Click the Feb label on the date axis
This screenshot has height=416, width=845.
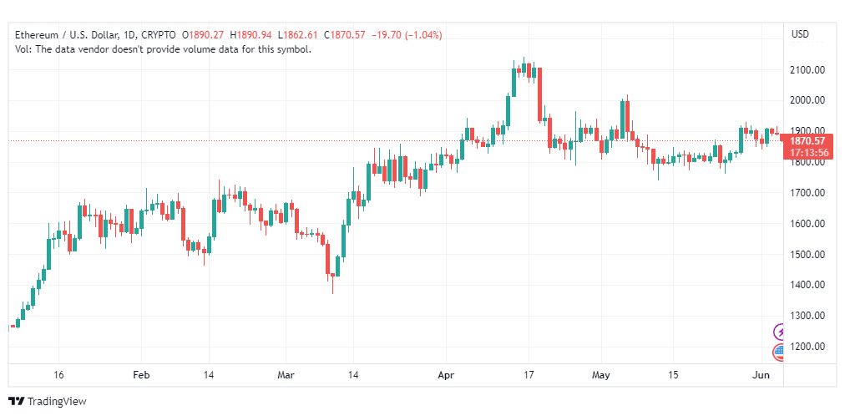[x=141, y=375]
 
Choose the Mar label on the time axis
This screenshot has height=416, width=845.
[x=286, y=375]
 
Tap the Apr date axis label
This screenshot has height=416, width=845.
[x=446, y=375]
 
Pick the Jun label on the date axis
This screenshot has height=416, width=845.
[x=762, y=375]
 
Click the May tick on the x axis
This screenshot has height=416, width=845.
[x=601, y=375]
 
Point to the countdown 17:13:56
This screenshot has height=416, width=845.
[x=809, y=153]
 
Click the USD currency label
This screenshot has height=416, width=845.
[x=800, y=34]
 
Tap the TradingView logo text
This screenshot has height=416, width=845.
[x=57, y=402]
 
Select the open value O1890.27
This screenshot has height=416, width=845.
[x=203, y=35]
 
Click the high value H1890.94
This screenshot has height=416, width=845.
[x=250, y=35]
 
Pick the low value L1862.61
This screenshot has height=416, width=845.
[x=298, y=35]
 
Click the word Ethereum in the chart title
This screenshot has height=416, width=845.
[x=37, y=35]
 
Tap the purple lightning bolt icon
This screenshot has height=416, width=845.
[x=780, y=332]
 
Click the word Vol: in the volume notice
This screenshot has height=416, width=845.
[x=23, y=49]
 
